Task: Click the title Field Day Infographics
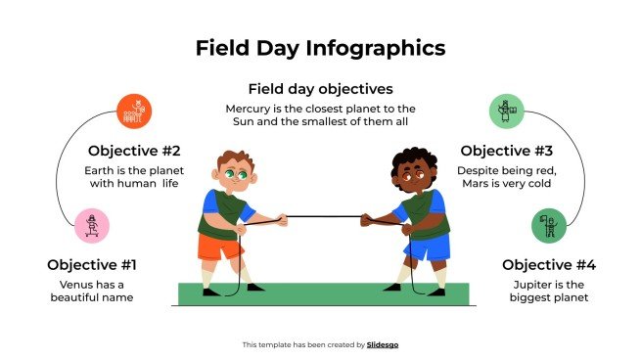pyautogui.click(x=320, y=48)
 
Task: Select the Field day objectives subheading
pyautogui.click(x=320, y=88)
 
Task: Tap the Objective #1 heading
pyautogui.click(x=92, y=265)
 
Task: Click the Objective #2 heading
pyautogui.click(x=134, y=151)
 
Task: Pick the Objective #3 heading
pyautogui.click(x=507, y=151)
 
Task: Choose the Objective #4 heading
pyautogui.click(x=548, y=265)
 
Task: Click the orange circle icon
pyautogui.click(x=134, y=111)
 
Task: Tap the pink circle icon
pyautogui.click(x=92, y=226)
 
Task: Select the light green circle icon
pyautogui.click(x=506, y=111)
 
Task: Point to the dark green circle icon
pyautogui.click(x=548, y=226)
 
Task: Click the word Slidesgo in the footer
pyautogui.click(x=383, y=344)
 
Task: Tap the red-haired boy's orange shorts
pyautogui.click(x=218, y=247)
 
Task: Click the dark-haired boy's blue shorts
pyautogui.click(x=428, y=247)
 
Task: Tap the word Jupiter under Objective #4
pyautogui.click(x=528, y=284)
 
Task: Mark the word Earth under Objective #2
pyautogui.click(x=100, y=169)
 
